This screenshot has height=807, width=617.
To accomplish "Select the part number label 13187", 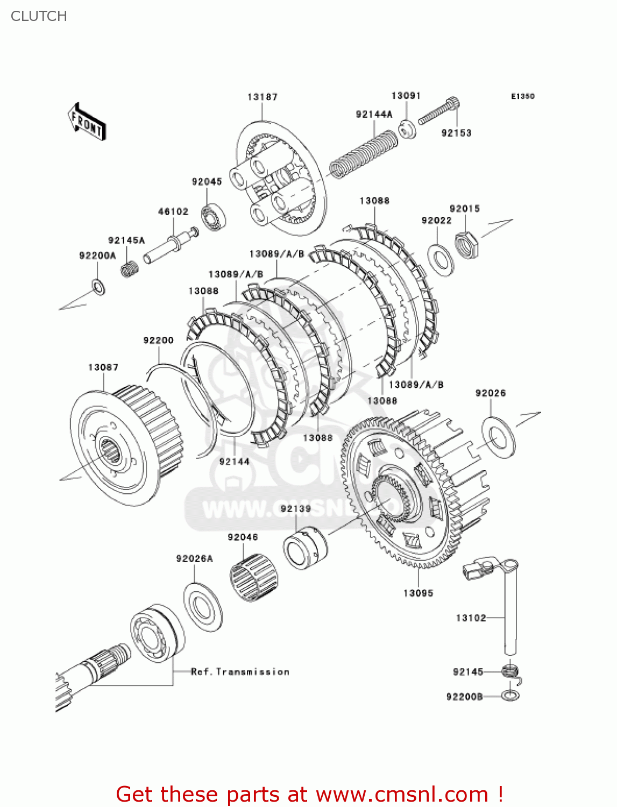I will (x=263, y=97).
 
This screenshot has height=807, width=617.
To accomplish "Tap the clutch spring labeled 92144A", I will (x=364, y=153).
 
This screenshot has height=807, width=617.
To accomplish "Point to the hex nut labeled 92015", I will (x=466, y=244).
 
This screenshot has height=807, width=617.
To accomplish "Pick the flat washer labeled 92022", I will (x=441, y=259).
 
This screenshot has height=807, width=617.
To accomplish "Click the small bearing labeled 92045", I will (x=214, y=217).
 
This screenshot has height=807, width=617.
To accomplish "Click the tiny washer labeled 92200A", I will (x=98, y=287).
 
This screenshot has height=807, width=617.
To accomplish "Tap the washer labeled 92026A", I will (x=203, y=607).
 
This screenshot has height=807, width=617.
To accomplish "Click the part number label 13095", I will (x=418, y=593).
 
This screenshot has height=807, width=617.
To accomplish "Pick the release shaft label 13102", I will (x=471, y=618).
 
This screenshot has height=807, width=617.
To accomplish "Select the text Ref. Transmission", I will (x=240, y=671).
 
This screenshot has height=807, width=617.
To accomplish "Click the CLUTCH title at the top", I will (x=39, y=16).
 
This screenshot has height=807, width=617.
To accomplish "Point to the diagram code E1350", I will (x=522, y=96).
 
